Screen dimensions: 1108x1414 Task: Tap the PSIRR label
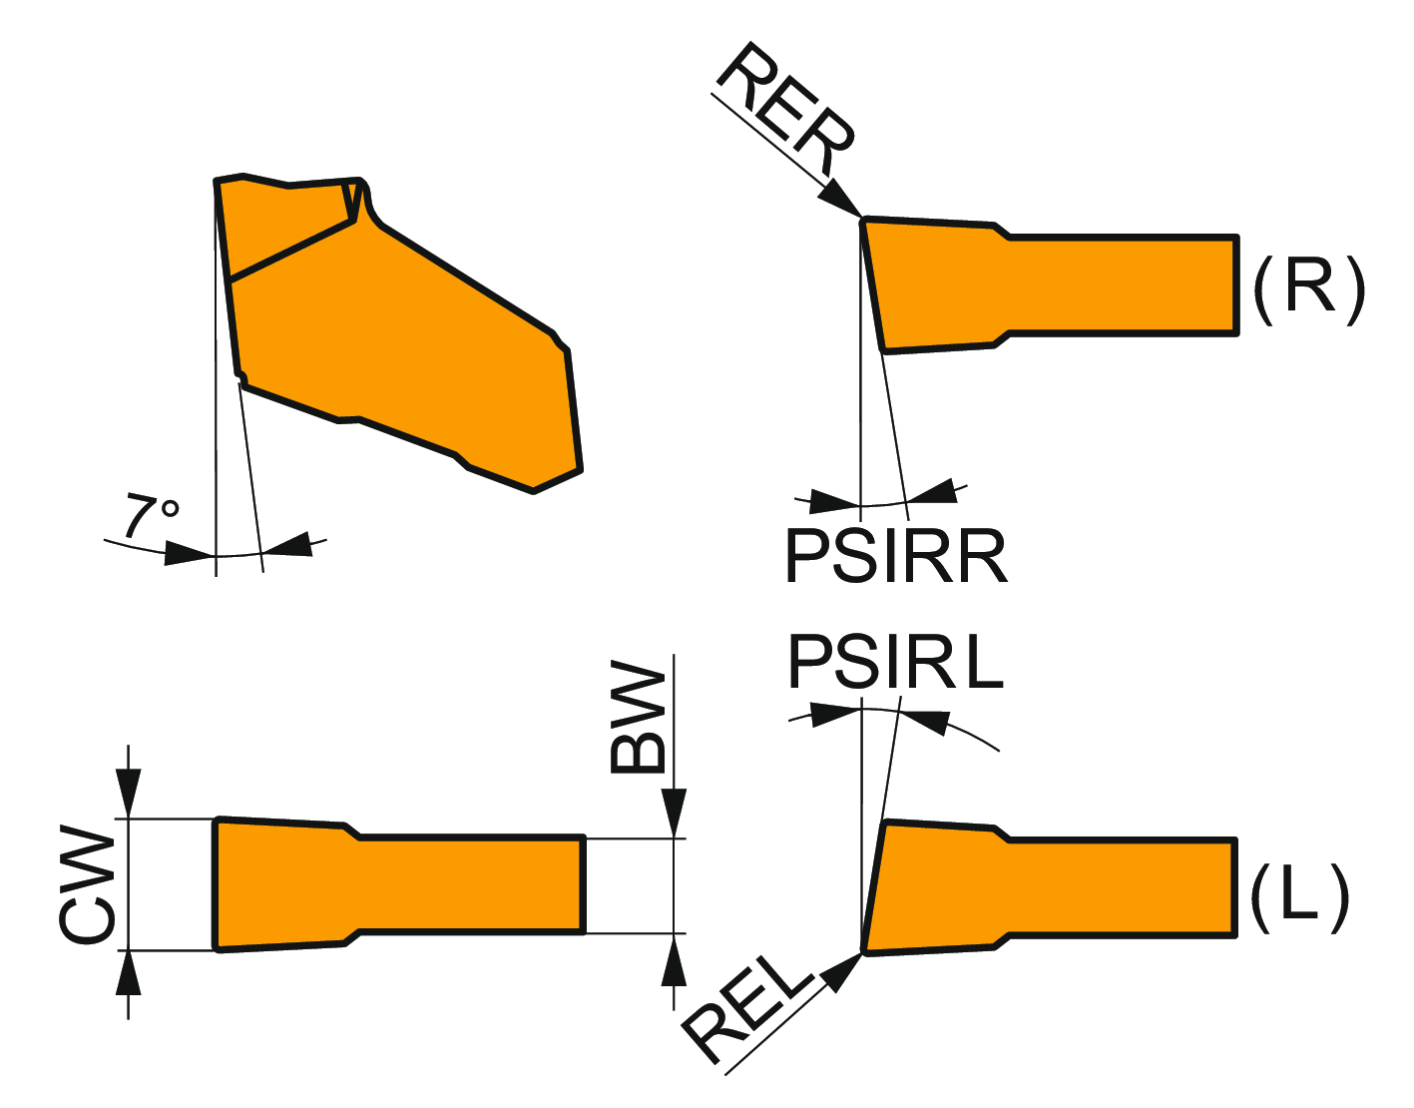click(896, 557)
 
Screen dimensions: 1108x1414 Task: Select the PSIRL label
click(895, 662)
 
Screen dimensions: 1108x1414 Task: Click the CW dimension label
click(88, 884)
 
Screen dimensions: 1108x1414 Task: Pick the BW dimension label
click(638, 717)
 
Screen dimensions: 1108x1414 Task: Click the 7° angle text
click(151, 515)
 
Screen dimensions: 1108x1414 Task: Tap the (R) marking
click(1308, 289)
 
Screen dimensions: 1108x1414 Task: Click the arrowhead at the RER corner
click(840, 198)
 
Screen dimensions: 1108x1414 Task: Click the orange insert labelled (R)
click(1048, 284)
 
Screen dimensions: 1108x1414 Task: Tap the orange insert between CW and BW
click(399, 884)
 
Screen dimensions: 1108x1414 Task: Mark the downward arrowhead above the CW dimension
click(129, 794)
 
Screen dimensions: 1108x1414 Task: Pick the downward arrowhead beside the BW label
click(675, 812)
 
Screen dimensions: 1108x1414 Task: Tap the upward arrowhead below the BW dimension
click(675, 961)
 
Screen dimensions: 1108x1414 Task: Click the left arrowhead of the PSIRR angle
click(834, 500)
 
